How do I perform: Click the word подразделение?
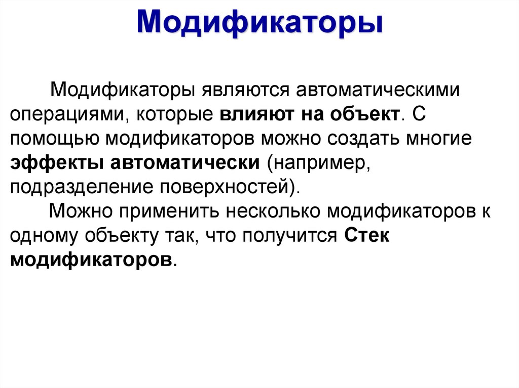[83, 188]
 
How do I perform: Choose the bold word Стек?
[366, 236]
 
